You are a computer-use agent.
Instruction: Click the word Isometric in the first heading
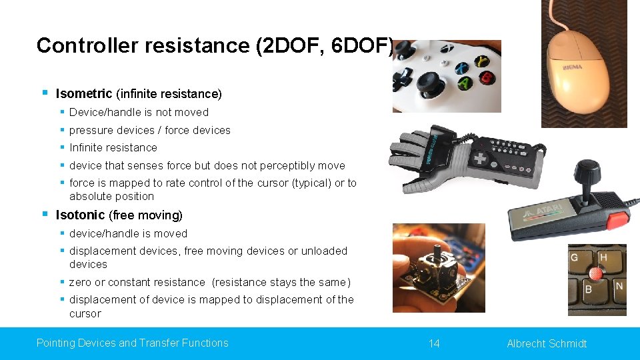coord(84,93)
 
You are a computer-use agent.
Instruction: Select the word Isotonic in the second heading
coord(80,215)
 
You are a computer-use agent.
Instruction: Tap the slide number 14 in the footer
coord(434,343)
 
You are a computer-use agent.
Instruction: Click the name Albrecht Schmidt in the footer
coord(547,343)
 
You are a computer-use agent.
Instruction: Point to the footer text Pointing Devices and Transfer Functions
coord(132,343)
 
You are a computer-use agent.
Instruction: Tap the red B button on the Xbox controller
coord(487,77)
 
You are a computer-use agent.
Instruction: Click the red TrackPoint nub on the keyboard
coord(596,274)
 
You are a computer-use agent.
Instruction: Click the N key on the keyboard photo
coord(619,287)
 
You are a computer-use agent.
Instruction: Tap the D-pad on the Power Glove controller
coord(480,159)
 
